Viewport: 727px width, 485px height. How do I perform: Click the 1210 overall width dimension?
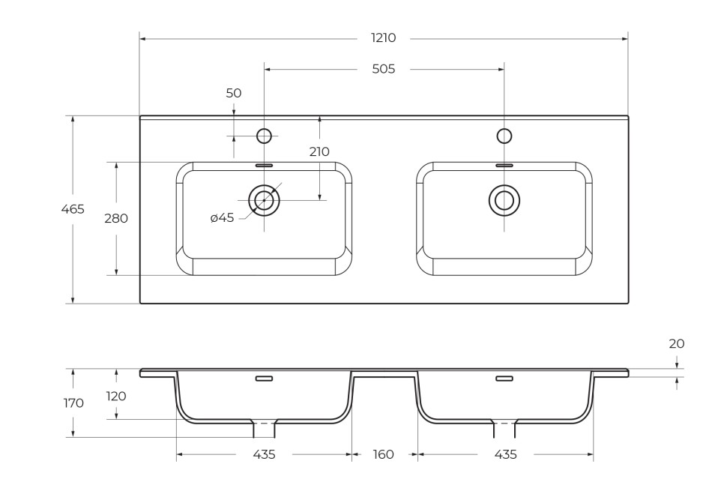click(x=383, y=38)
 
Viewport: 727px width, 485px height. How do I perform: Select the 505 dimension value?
click(x=383, y=69)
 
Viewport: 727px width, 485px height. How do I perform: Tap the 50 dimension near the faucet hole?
click(x=234, y=94)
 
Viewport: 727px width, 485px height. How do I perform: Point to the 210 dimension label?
click(x=319, y=151)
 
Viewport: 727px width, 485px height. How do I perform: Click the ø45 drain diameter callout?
click(x=222, y=217)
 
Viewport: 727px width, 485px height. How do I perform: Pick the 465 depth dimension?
click(x=73, y=209)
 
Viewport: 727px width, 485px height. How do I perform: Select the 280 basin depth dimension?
click(x=116, y=218)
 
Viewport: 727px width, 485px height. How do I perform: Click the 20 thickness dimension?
click(x=676, y=344)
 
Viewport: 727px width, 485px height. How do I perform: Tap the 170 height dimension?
click(x=73, y=403)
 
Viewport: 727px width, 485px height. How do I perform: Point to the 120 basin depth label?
click(x=116, y=396)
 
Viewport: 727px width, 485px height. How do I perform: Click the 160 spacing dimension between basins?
click(x=383, y=455)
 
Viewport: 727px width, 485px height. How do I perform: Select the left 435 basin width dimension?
click(x=264, y=455)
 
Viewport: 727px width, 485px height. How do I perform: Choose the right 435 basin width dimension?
click(x=505, y=455)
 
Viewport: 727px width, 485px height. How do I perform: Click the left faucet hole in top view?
click(x=264, y=136)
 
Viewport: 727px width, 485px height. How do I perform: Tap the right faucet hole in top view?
click(x=504, y=136)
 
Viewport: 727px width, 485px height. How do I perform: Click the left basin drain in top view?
click(x=264, y=200)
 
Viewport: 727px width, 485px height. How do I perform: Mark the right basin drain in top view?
click(x=504, y=200)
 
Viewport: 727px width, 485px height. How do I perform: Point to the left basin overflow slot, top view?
click(x=264, y=165)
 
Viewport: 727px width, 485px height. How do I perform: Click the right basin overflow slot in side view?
click(x=504, y=379)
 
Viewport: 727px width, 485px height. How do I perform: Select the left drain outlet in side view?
click(x=264, y=430)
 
